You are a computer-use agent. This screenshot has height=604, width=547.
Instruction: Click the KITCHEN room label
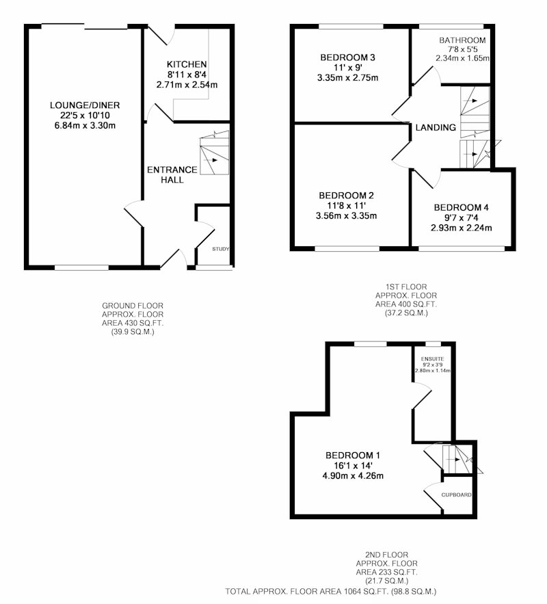(187, 64)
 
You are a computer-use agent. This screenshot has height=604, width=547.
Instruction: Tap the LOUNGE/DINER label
(85, 105)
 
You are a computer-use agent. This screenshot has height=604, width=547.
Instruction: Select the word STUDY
(221, 249)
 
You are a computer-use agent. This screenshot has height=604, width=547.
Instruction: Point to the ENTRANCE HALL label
(172, 175)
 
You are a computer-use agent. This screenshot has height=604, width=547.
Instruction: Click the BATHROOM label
(462, 40)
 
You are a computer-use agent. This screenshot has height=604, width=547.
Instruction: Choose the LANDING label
(436, 127)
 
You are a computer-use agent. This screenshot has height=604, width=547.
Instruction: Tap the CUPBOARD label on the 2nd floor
(457, 495)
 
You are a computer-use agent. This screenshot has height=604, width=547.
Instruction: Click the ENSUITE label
(433, 359)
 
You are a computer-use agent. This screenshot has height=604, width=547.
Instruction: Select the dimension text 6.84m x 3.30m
(85, 126)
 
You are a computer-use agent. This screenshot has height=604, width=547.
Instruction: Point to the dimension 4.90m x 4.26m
(353, 475)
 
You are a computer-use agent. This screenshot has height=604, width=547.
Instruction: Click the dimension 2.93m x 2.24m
(461, 228)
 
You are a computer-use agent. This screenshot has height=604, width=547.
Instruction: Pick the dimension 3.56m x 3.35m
(347, 215)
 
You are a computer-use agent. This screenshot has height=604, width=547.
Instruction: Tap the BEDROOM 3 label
(347, 57)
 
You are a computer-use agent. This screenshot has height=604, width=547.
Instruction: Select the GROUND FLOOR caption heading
(133, 306)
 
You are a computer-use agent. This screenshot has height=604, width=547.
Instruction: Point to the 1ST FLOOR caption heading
(406, 287)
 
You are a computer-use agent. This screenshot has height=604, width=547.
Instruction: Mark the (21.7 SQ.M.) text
(386, 581)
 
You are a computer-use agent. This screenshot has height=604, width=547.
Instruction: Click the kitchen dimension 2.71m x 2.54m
(187, 85)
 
